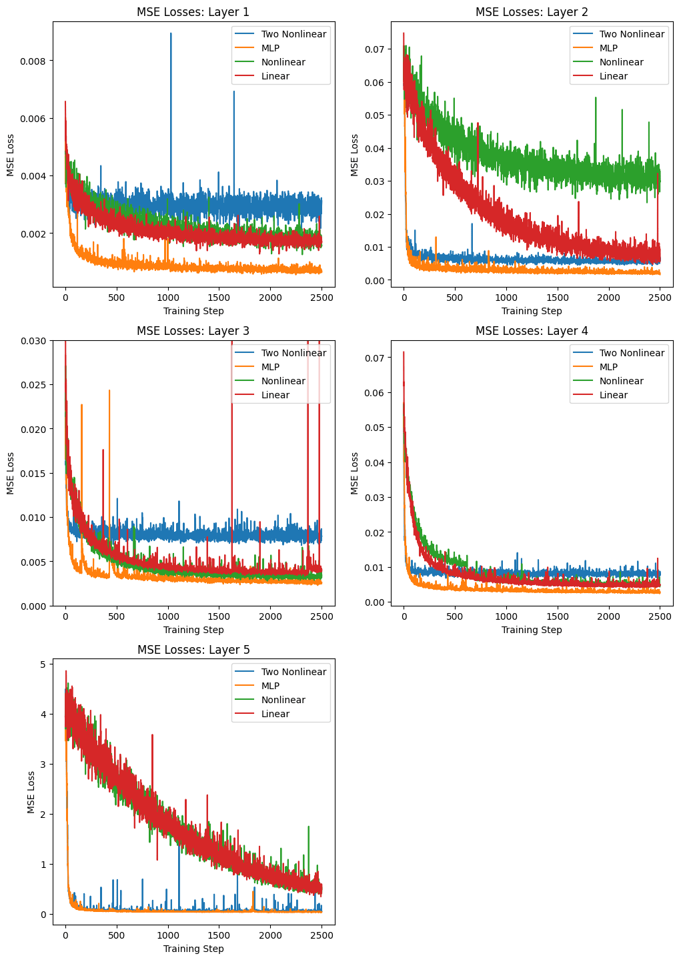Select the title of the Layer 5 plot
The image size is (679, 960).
pyautogui.click(x=193, y=649)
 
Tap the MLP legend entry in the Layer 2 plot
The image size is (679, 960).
pyautogui.click(x=608, y=48)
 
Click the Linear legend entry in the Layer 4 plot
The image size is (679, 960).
pyautogui.click(x=613, y=395)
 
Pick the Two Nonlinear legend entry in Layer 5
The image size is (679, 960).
pyautogui.click(x=293, y=672)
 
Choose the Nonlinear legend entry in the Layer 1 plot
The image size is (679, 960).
pyautogui.click(x=283, y=62)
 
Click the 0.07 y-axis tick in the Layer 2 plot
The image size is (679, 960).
pyautogui.click(x=374, y=49)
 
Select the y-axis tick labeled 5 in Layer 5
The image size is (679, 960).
pyautogui.click(x=42, y=664)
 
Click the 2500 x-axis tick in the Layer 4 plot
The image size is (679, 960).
pyautogui.click(x=660, y=616)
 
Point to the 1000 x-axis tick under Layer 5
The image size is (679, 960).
pyautogui.click(x=167, y=935)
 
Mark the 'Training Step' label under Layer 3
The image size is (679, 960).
pyautogui.click(x=193, y=630)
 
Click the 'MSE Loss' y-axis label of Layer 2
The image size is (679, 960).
pyautogui.click(x=355, y=155)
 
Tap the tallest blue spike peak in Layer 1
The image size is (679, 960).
pyautogui.click(x=171, y=33)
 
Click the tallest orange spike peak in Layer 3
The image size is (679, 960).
pyautogui.click(x=109, y=390)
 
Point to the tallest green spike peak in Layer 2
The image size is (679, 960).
pyautogui.click(x=596, y=97)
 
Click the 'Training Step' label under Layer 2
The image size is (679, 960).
pyautogui.click(x=532, y=311)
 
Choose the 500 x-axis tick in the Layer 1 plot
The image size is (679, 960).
pyautogui.click(x=116, y=298)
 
